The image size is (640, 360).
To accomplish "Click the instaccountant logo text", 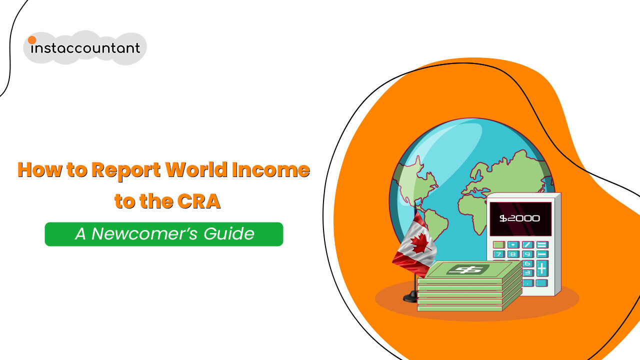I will pyautogui.click(x=86, y=48).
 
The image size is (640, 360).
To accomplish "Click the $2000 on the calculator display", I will pyautogui.click(x=520, y=218).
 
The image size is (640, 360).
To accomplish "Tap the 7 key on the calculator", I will pyautogui.click(x=498, y=254).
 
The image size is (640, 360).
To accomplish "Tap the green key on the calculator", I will pyautogui.click(x=498, y=245).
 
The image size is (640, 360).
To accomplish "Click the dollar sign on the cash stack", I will pyautogui.click(x=464, y=269).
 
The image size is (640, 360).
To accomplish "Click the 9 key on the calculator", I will pyautogui.click(x=527, y=254).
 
